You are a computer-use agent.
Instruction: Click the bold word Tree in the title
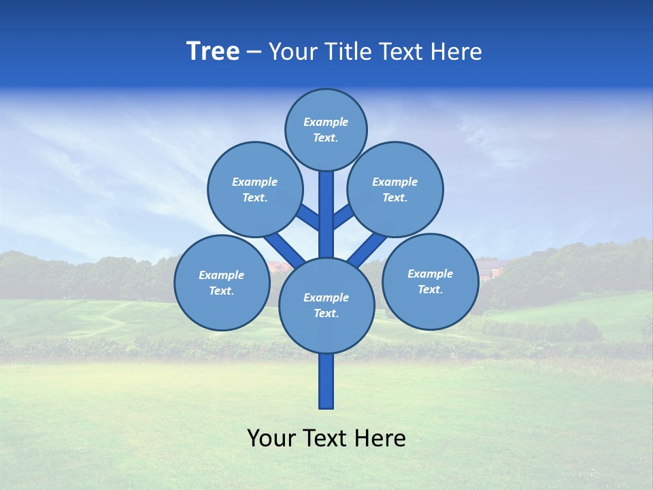(213, 52)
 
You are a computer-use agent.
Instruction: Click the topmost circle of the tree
(326, 129)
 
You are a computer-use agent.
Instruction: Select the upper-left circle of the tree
(254, 189)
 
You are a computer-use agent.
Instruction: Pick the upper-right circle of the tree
(395, 189)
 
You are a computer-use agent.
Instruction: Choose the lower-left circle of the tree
(222, 282)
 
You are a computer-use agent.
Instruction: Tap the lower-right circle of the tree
(430, 281)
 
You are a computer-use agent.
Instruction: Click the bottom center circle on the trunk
(326, 305)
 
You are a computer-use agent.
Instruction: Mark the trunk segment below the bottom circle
(326, 381)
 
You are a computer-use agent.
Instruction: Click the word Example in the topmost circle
(326, 122)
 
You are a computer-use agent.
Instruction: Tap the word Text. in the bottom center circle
(326, 313)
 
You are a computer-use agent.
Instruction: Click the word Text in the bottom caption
(326, 438)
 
